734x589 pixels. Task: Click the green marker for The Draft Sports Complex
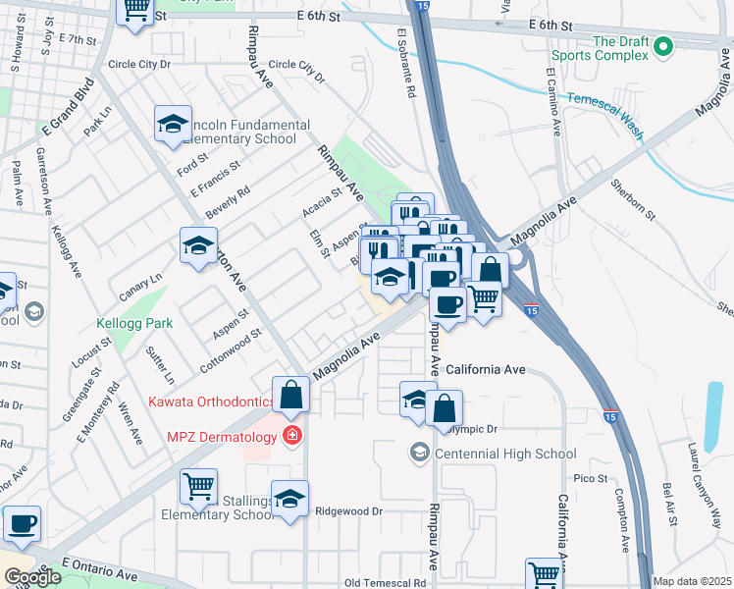[663, 45]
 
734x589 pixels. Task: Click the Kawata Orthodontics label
[212, 402]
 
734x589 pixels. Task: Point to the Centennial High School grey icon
[420, 453]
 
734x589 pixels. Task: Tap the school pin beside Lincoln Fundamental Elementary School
[173, 125]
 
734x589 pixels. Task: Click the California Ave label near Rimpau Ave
[486, 370]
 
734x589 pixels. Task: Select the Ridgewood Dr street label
[347, 511]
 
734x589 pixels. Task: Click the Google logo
[32, 577]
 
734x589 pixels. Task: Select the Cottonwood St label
[231, 346]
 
